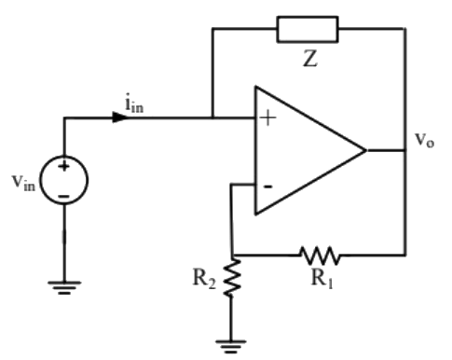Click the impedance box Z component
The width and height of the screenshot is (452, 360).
(308, 29)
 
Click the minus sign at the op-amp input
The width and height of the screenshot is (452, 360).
(267, 185)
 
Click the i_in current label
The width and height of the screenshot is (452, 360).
(135, 103)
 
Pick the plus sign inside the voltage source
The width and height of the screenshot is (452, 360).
(64, 168)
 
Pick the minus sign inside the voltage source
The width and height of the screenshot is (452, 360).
(64, 196)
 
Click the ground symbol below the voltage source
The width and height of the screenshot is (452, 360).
(64, 290)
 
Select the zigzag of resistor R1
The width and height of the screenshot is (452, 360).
(320, 254)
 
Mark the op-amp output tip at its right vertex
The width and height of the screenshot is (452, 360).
(364, 149)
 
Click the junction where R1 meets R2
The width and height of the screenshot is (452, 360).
(233, 254)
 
